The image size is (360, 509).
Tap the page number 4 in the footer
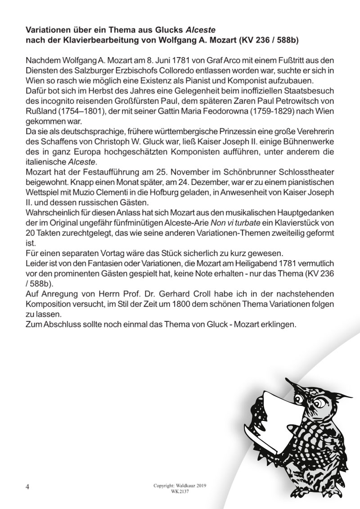click(28, 487)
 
